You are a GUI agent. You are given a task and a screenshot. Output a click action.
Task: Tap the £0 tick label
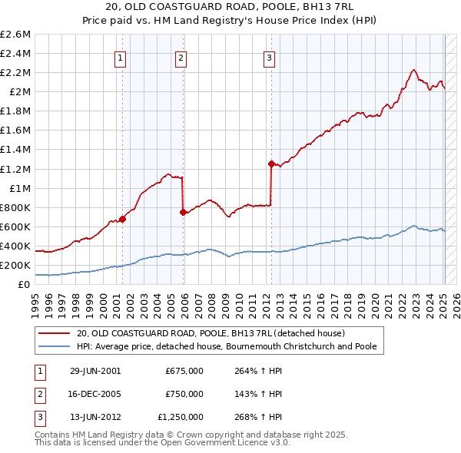pos(25,285)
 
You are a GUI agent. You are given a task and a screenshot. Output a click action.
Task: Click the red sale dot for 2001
pos(122,219)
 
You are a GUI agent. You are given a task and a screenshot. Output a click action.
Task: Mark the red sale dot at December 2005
pos(182,212)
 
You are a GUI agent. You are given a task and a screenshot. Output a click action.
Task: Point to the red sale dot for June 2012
pos(270,164)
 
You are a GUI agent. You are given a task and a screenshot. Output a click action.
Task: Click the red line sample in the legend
pos(55,333)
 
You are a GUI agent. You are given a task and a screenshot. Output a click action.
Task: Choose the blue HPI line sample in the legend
pos(55,346)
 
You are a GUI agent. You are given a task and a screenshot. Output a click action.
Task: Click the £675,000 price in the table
pos(184,370)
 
